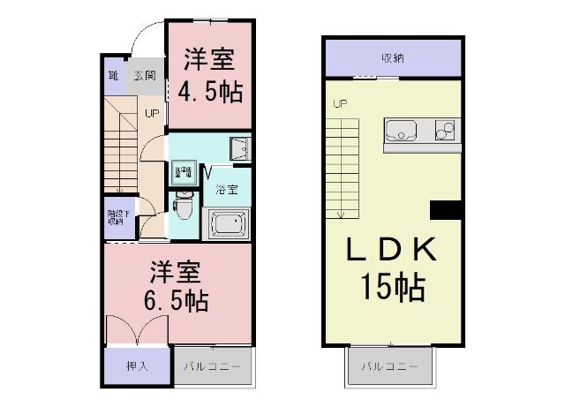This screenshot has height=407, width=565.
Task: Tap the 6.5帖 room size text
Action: [176, 301]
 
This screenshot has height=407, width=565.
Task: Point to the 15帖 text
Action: [391, 286]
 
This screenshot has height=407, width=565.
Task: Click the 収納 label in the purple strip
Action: [393, 59]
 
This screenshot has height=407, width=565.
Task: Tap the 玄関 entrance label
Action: [145, 76]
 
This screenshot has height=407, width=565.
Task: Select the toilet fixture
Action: [183, 205]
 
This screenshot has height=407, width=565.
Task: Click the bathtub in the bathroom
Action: [227, 224]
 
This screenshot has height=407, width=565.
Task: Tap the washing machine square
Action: [184, 170]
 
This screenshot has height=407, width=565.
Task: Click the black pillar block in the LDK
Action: [446, 210]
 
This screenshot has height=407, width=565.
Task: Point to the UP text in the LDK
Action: [340, 104]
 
